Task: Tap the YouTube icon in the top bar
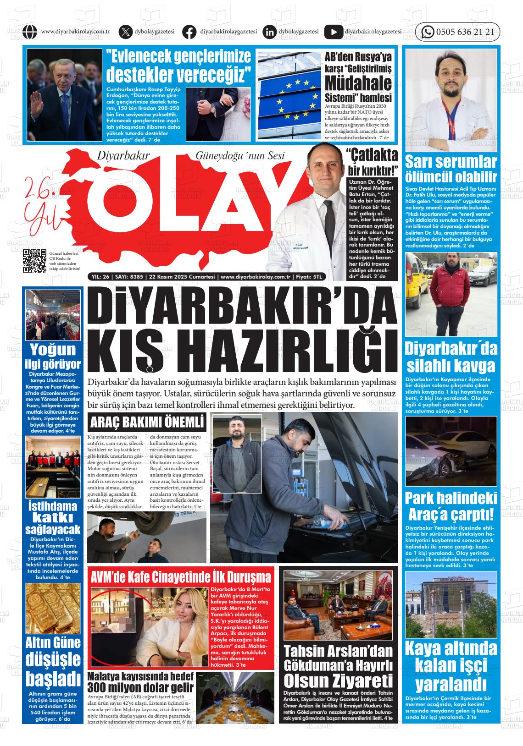coord(334,32)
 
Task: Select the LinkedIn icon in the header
coord(270,32)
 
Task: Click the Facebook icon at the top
coord(189,32)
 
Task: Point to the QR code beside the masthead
coord(35,261)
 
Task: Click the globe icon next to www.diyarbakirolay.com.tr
coord(30,32)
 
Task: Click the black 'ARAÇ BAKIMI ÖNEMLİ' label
coord(147,422)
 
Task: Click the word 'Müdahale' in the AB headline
coord(358,83)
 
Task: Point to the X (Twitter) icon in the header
coord(125,32)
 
